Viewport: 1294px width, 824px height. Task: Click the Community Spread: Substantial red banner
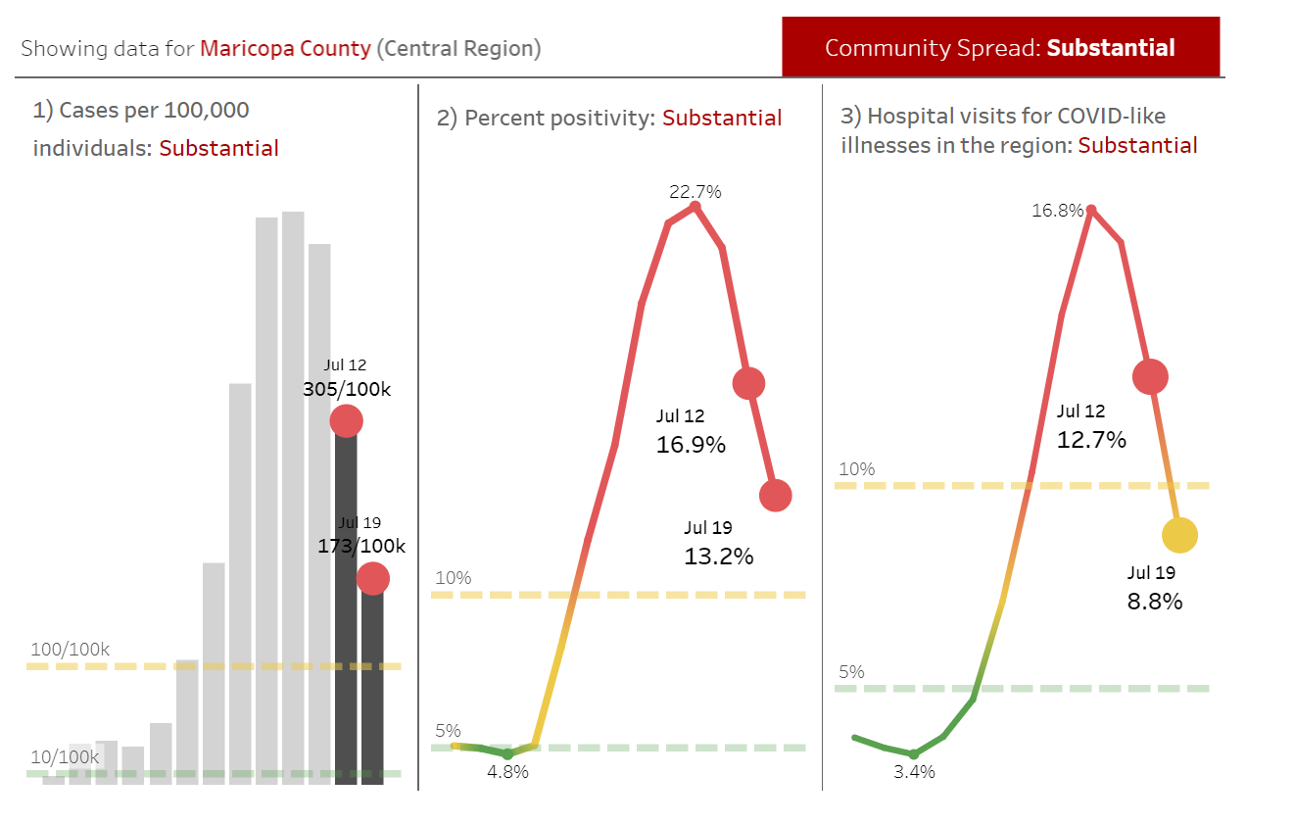tap(1000, 47)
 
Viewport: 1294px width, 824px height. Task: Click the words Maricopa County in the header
tap(285, 48)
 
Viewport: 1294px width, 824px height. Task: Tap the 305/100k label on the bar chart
tap(347, 389)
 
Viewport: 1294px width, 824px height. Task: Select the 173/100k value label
tap(361, 546)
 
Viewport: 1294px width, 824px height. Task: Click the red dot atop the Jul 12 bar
tap(346, 421)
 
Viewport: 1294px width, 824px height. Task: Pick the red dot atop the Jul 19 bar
tap(372, 579)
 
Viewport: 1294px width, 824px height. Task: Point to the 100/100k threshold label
tap(71, 650)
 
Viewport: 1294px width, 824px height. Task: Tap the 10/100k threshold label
tap(65, 757)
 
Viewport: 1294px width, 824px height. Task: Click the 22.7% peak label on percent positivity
tap(695, 192)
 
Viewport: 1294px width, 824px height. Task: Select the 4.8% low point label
tap(507, 772)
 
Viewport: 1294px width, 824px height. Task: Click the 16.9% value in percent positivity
tap(691, 445)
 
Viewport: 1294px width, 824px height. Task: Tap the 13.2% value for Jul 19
tap(718, 557)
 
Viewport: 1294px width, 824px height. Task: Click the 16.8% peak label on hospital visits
tap(1057, 211)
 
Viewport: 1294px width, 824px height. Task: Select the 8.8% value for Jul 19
tap(1155, 602)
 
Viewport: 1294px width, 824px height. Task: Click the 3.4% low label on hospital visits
tap(914, 772)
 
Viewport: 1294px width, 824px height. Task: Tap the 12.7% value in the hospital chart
tap(1091, 440)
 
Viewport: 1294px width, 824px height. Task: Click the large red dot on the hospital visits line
tap(1150, 376)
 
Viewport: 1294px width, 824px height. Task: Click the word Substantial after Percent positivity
tap(722, 119)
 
